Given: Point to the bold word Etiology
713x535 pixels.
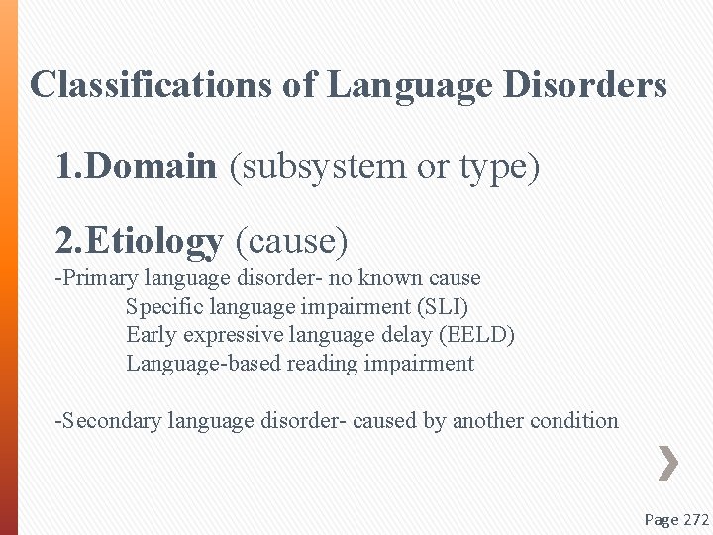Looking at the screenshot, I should point(153,240).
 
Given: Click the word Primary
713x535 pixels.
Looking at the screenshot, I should point(100,278).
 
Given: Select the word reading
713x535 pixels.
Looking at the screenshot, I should point(323,364).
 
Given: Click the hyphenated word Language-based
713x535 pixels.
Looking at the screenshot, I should point(204,364).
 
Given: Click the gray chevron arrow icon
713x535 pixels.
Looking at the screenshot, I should point(668,463).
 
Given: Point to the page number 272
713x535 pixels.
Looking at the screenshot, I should point(697,519).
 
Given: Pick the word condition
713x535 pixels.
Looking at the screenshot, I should point(574,421).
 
